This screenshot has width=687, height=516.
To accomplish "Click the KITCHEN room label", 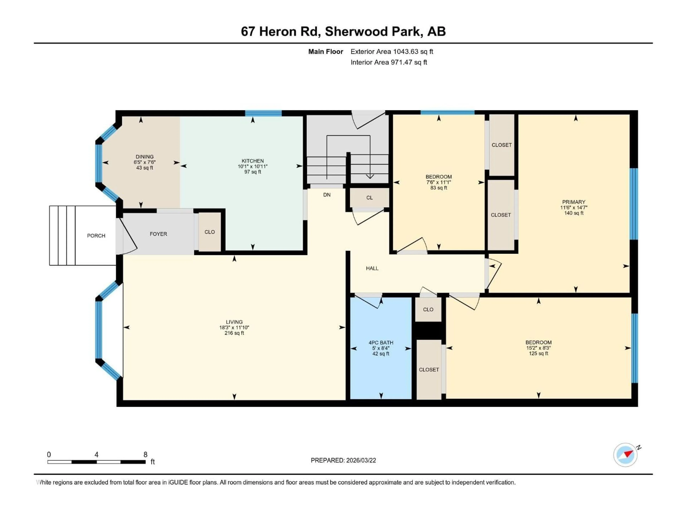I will pos(252,161).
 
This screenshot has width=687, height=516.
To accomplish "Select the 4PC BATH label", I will pos(381,342).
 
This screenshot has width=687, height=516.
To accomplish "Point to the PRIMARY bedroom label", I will pos(573,202).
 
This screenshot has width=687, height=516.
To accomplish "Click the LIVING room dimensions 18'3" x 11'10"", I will pos(234,328).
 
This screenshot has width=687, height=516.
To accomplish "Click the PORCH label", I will pos(96,236).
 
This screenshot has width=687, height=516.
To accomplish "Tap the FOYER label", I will pos(158,234).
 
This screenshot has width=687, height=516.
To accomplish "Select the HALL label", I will pos(372,268).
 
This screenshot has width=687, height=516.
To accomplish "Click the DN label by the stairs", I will pos(327,195).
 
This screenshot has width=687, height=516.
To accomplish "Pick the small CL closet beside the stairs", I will pos(369,198).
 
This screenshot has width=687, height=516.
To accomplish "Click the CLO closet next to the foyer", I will pos(210,232).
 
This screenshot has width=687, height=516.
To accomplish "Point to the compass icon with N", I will pos(625,455).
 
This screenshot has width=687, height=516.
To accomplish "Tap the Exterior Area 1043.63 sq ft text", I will pos(392,52).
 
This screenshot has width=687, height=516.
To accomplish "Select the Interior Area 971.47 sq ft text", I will pos(389,62).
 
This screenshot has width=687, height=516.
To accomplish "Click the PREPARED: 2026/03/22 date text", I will pos(343,460).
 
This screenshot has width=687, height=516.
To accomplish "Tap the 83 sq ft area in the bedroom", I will pos(438,188).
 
